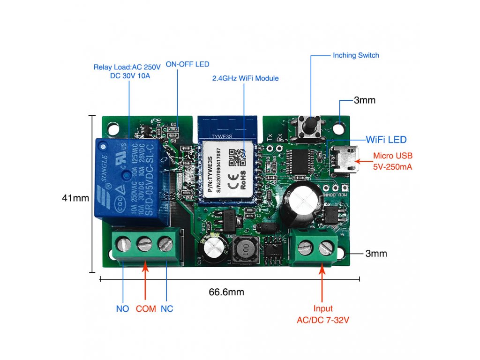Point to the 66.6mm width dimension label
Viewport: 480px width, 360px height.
click(x=226, y=292)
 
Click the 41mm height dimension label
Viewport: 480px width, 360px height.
click(x=75, y=198)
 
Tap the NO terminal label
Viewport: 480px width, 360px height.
click(x=123, y=309)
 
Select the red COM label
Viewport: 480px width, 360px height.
click(x=146, y=309)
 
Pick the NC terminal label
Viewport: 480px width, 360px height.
click(x=167, y=309)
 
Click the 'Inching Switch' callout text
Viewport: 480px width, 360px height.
click(x=356, y=55)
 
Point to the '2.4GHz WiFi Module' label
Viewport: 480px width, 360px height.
click(x=245, y=78)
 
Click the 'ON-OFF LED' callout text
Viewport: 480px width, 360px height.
click(x=187, y=64)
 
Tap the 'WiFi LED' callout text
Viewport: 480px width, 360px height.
click(x=386, y=140)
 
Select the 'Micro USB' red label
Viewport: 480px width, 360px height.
click(x=393, y=156)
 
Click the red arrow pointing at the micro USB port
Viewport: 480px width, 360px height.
click(x=364, y=161)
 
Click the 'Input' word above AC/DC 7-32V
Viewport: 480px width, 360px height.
click(x=323, y=308)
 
